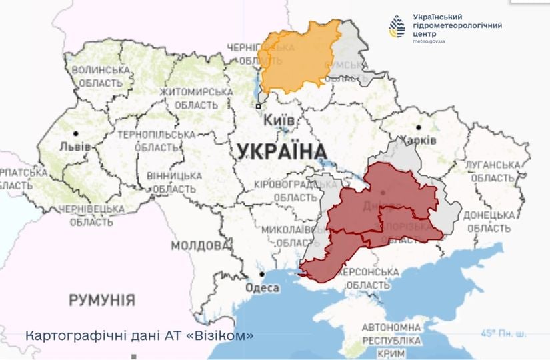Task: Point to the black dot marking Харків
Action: pyautogui.click(x=419, y=127)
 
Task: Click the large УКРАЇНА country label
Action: pyautogui.click(x=281, y=151)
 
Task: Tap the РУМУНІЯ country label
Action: pyautogui.click(x=102, y=299)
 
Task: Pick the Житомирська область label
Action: pyautogui.click(x=195, y=99)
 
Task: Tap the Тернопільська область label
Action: pyautogui.click(x=147, y=141)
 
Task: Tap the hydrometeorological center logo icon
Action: pyautogui.click(x=397, y=27)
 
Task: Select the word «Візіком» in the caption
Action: pyautogui.click(x=219, y=335)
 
